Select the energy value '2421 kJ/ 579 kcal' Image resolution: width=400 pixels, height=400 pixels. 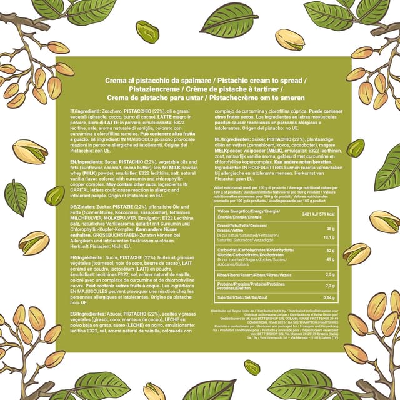click(x=321, y=214)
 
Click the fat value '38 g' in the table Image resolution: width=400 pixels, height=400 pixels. click(x=330, y=229)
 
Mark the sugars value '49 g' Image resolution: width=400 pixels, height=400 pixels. click(x=330, y=258)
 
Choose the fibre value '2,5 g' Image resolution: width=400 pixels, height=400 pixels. click(x=329, y=274)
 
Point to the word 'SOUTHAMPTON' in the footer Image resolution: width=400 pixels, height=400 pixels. click(x=308, y=322)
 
